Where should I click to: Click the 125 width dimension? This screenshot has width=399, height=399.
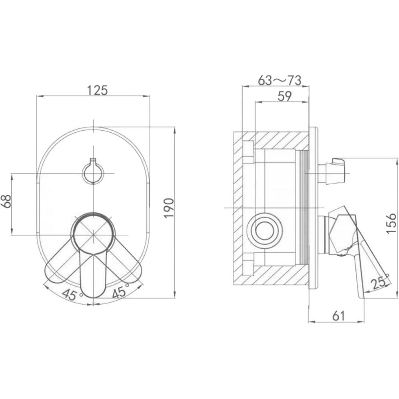pyautogui.click(x=98, y=90)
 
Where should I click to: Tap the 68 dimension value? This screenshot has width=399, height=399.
pyautogui.click(x=6, y=201)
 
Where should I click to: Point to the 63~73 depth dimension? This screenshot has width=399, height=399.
pyautogui.click(x=279, y=80)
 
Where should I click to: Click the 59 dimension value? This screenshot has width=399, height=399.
pyautogui.click(x=285, y=96)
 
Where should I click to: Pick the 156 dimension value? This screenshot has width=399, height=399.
pyautogui.click(x=391, y=223)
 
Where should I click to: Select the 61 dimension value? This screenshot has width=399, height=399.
pyautogui.click(x=339, y=316)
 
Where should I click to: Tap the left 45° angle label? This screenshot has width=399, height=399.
pyautogui.click(x=72, y=294)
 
